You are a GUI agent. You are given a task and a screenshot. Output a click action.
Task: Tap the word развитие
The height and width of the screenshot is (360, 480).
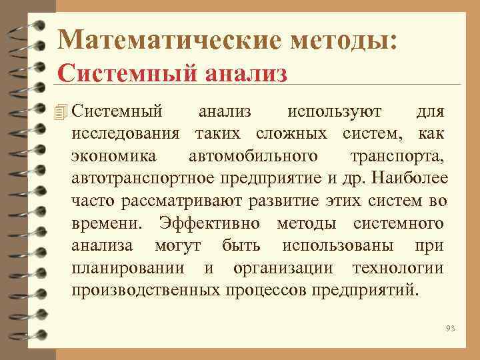pyautogui.click(x=293, y=201)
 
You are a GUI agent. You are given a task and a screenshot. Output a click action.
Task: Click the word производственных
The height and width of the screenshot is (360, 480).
pyautogui.click(x=147, y=291)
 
